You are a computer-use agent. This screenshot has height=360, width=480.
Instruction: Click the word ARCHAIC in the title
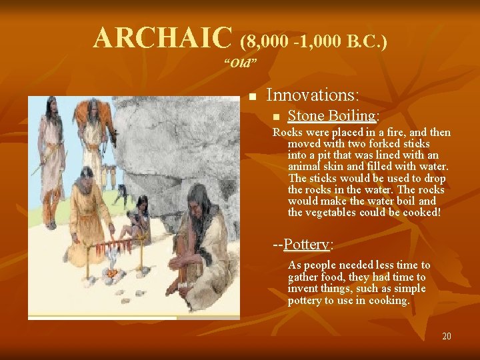[x=163, y=39]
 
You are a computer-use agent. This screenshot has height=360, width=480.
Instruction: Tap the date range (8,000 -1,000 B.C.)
[x=313, y=42]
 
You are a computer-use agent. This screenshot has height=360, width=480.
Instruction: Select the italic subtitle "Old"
[x=241, y=63]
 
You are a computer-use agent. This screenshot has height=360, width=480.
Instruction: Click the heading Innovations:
[x=313, y=95]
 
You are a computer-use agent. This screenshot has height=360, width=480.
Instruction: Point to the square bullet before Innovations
[x=252, y=97]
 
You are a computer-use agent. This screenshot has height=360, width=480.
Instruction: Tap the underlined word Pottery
[x=306, y=244]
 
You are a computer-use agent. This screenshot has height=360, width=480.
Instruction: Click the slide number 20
[x=446, y=335]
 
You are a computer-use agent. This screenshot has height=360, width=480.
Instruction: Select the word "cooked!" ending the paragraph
[x=420, y=212]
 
